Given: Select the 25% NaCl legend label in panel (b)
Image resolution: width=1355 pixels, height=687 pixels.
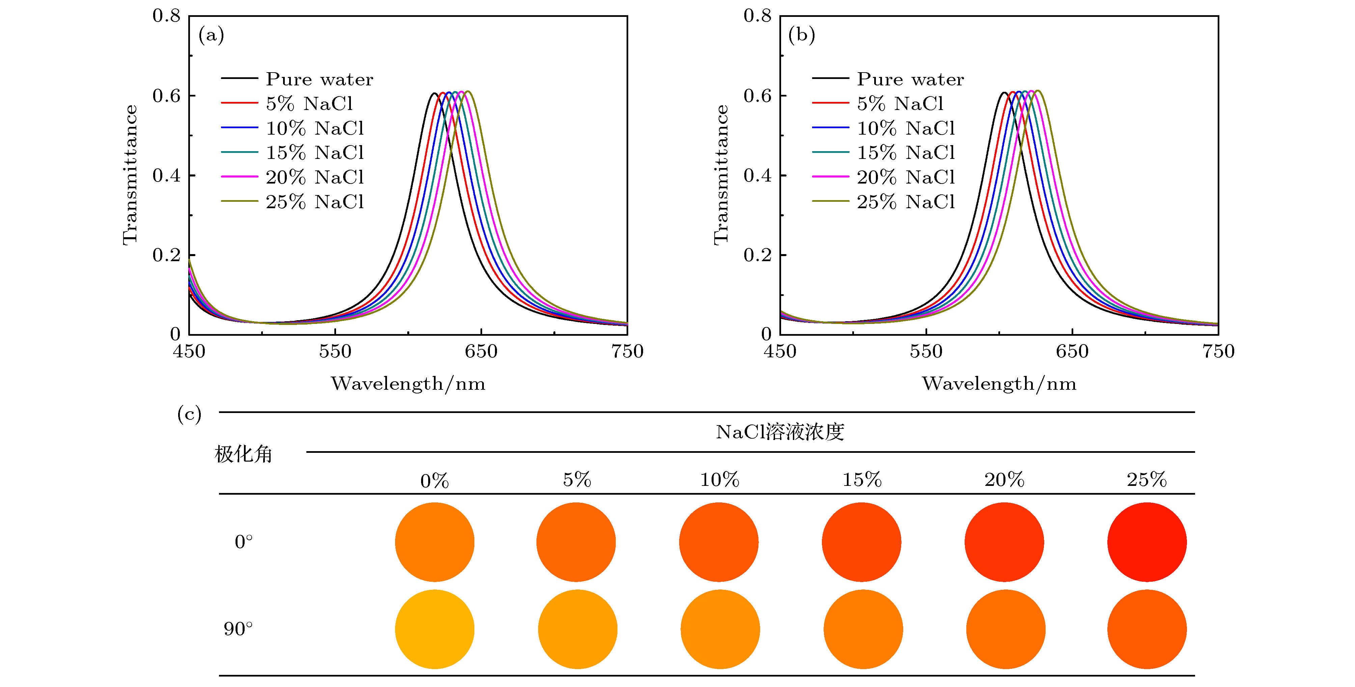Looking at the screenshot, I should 906,201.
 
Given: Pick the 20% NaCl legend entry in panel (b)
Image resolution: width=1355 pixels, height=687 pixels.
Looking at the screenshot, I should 906,177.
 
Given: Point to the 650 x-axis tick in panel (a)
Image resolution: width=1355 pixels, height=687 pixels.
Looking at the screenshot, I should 481,351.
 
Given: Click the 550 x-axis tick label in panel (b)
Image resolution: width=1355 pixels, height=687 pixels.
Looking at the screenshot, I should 926,351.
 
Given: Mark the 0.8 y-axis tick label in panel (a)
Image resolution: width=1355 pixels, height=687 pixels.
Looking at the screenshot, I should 166,16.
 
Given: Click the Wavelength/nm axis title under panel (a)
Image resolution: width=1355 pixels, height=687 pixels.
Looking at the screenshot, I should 408,383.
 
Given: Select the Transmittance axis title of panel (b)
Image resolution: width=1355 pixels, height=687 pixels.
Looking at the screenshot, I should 721,175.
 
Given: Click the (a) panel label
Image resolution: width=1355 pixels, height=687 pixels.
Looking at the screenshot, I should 211,35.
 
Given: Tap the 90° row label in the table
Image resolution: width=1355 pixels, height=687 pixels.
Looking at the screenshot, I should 238,629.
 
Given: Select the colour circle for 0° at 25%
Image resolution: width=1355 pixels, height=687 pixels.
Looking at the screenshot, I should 1147,542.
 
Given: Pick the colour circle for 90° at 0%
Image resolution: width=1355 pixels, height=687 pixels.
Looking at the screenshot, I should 435,629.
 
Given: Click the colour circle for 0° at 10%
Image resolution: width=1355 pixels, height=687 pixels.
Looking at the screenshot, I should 719,542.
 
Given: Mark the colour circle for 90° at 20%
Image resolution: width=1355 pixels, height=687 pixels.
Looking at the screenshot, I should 1005,629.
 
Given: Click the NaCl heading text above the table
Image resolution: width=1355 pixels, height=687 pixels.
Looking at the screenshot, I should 779,432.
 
